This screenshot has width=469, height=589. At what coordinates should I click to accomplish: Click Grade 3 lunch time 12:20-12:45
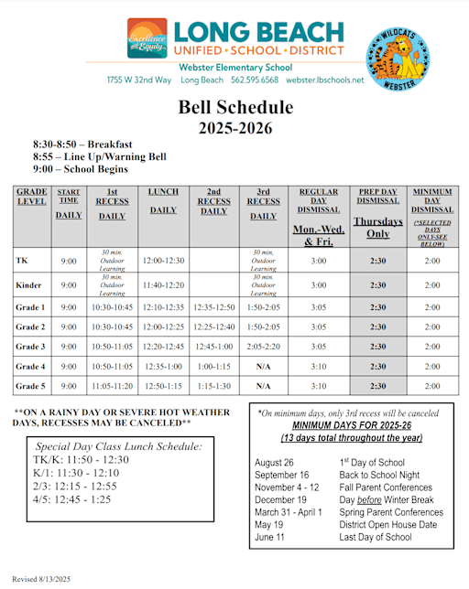pos(164,347)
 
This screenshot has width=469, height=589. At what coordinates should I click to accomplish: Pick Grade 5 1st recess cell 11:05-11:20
pos(113,387)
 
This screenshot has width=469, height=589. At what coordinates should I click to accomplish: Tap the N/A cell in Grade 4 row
pos(264,367)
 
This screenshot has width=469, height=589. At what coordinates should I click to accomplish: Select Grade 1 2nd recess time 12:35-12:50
pos(213,306)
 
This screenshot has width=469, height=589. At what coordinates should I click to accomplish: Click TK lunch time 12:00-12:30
pos(164,261)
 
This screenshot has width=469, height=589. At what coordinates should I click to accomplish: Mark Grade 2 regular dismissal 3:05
pos(319,327)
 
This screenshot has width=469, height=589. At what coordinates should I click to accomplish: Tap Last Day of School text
pos(375,537)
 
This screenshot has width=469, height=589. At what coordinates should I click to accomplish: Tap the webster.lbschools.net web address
pos(325,80)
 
